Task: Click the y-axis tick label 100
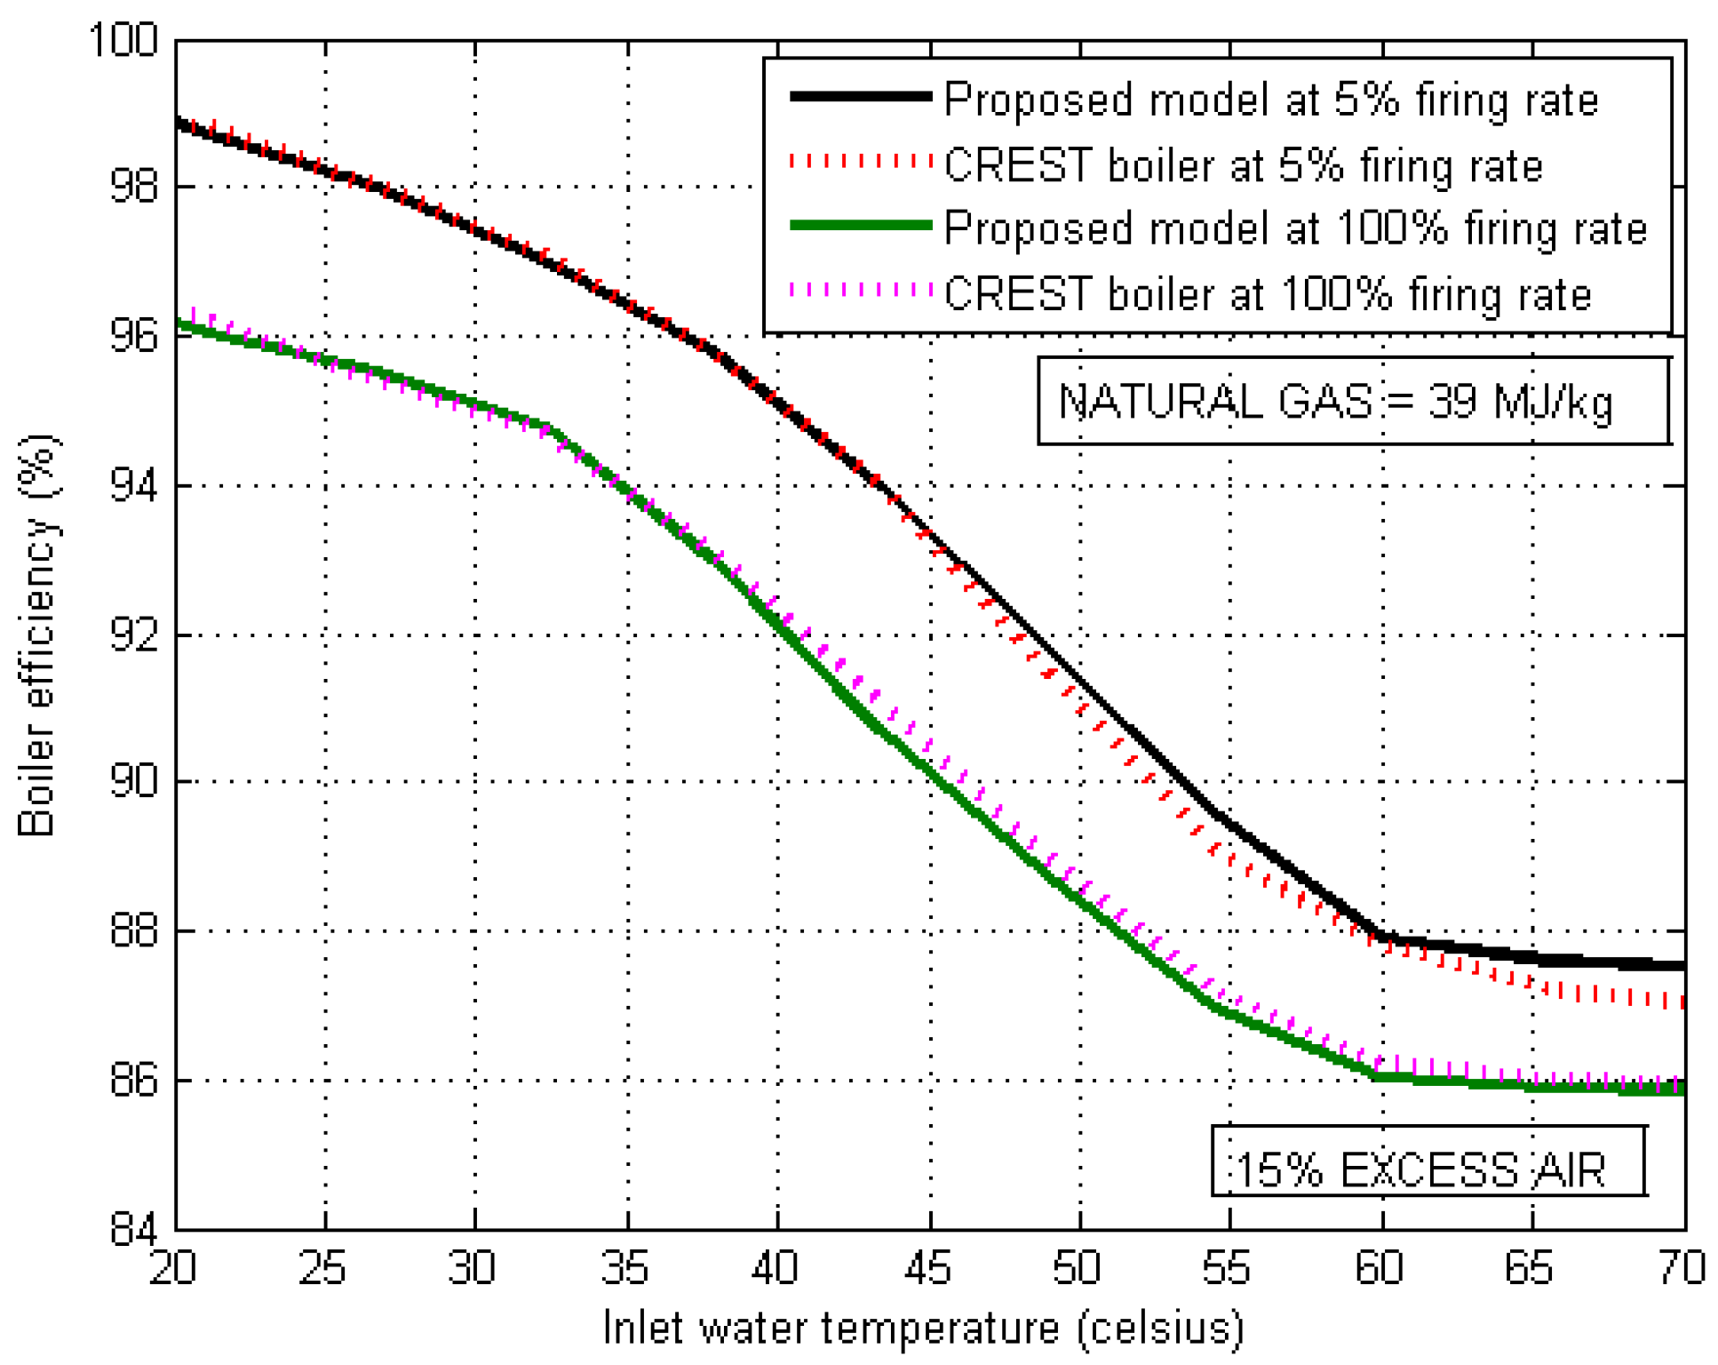[123, 40]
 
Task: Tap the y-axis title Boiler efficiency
[37, 635]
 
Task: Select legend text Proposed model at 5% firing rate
[1270, 100]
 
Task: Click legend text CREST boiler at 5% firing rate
[1244, 165]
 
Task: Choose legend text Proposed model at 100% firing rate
[1295, 229]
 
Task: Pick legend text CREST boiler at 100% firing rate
[1268, 294]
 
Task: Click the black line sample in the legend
[860, 96]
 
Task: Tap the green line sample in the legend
[860, 226]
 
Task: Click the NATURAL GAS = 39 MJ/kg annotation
[1335, 402]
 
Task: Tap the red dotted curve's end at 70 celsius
[1682, 1001]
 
